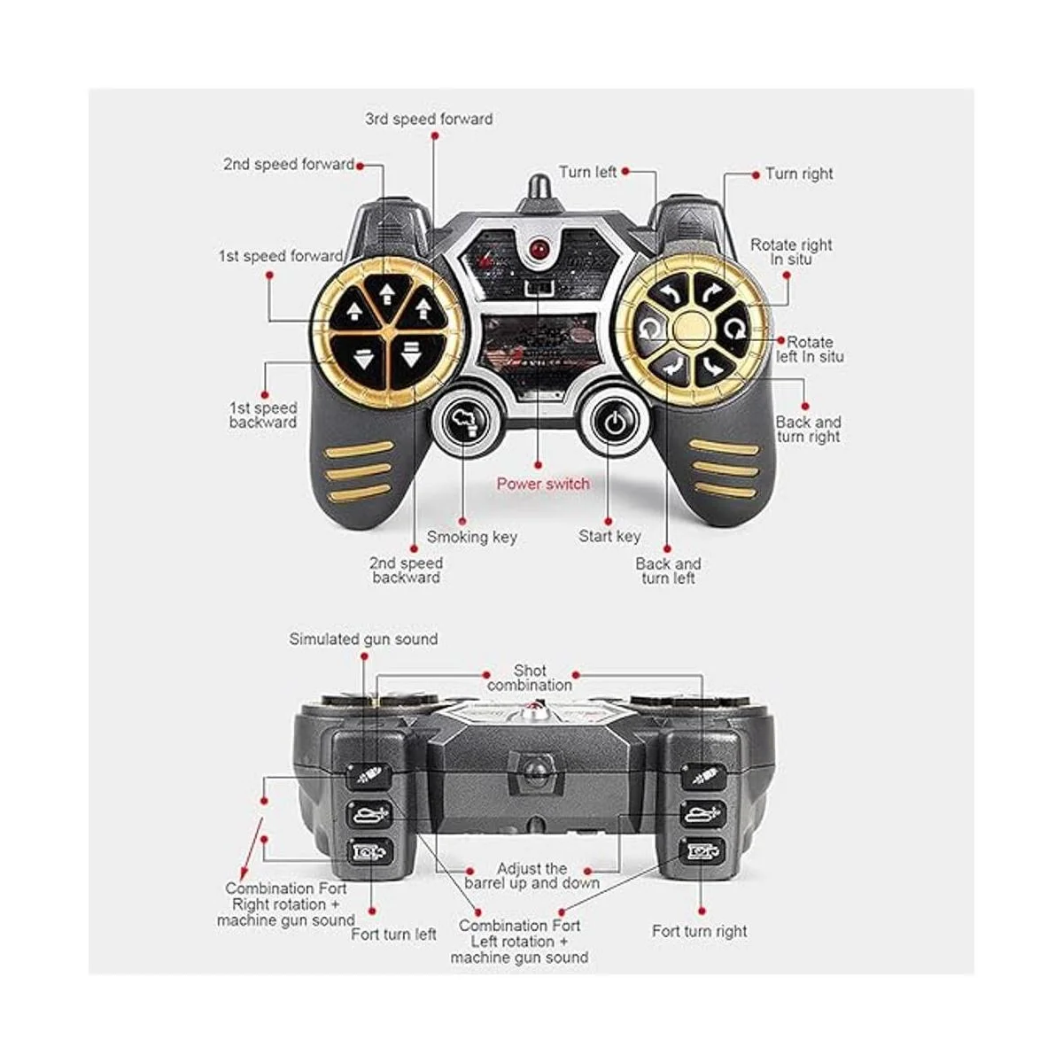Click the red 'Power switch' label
(x=542, y=484)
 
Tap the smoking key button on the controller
(x=464, y=423)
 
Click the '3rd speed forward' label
(x=429, y=119)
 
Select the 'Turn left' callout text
(x=587, y=172)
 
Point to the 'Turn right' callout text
(x=799, y=174)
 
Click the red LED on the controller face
(x=538, y=249)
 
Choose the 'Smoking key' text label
(x=471, y=537)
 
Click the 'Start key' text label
(x=609, y=536)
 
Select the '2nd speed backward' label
(x=406, y=570)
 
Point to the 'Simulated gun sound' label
(x=363, y=639)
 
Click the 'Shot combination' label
(x=530, y=678)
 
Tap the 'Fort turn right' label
(x=699, y=931)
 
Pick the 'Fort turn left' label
(x=393, y=934)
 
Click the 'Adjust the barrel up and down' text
(x=531, y=876)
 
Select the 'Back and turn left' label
(x=668, y=570)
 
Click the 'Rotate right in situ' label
(x=791, y=252)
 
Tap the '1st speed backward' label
(x=263, y=415)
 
